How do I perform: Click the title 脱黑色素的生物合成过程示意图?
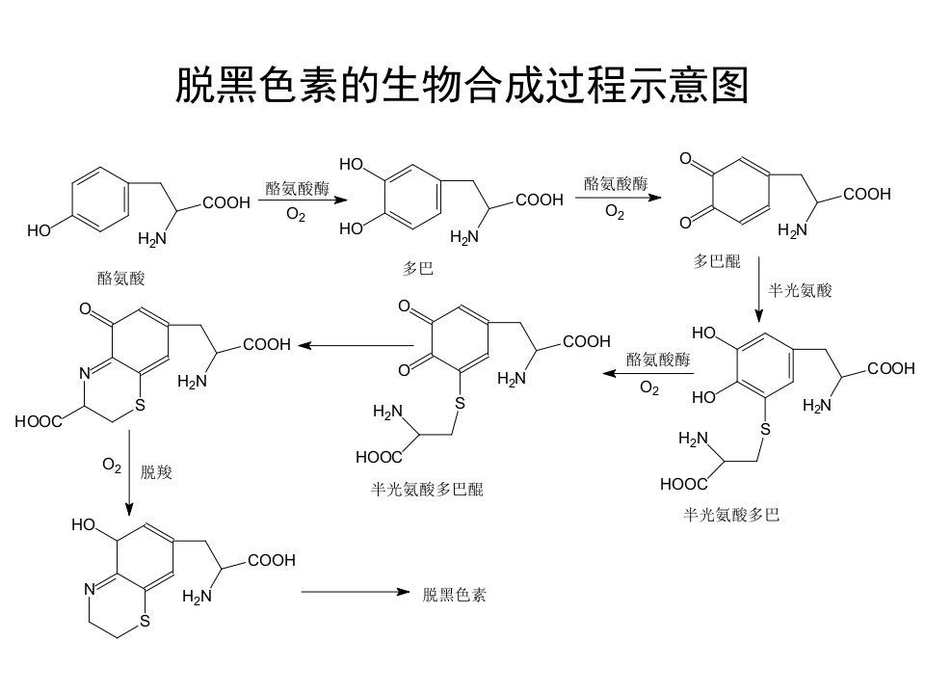462,85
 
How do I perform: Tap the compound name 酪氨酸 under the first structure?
121,278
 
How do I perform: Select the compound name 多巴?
417,269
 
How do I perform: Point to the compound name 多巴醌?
716,261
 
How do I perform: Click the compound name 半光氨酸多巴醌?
427,489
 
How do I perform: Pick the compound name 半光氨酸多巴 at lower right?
731,515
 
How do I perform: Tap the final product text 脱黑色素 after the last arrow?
454,594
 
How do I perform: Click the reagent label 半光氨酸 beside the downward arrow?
800,290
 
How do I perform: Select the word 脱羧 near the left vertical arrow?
156,471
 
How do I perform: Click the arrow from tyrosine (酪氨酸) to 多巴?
303,200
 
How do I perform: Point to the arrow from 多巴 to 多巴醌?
619,198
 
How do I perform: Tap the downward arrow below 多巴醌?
758,290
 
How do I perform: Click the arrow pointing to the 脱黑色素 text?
356,591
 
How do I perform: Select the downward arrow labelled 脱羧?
129,472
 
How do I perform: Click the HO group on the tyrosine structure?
39,230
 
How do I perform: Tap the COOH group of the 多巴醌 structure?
866,194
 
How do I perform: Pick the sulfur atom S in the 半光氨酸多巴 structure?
765,429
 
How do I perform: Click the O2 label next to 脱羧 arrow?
112,465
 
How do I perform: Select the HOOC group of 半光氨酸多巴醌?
379,457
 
